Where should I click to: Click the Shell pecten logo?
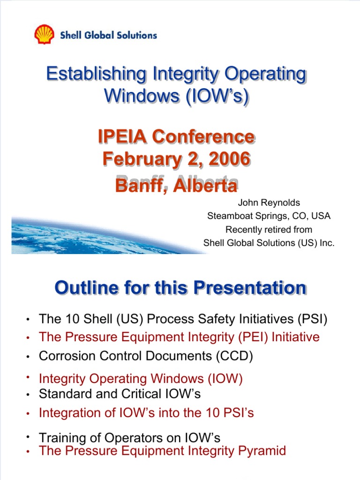click(x=45, y=35)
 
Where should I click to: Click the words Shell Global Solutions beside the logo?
click(x=108, y=35)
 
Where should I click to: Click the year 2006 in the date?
click(x=228, y=158)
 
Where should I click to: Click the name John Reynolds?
click(x=269, y=203)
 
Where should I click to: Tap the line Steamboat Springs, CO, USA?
click(x=269, y=216)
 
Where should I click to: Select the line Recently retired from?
click(x=269, y=230)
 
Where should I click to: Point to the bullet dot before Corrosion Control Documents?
click(x=28, y=357)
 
